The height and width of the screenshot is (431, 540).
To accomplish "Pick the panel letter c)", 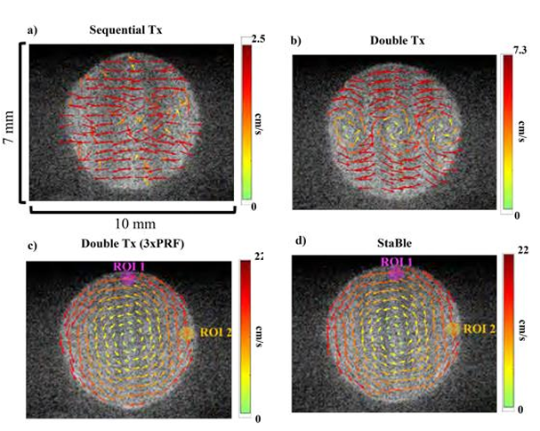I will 32,246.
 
